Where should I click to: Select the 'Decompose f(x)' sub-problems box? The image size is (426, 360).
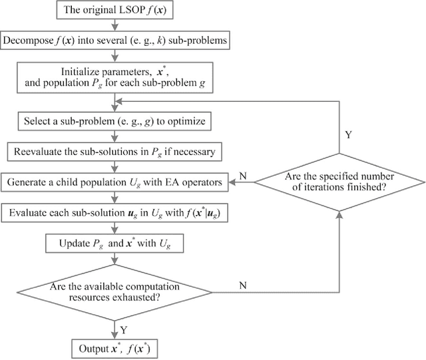(116, 40)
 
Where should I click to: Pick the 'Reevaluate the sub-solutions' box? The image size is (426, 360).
(116, 152)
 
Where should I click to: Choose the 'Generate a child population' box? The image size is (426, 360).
(116, 180)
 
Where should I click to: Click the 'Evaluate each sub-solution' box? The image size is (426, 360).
(116, 213)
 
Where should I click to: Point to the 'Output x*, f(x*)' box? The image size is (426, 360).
(116, 347)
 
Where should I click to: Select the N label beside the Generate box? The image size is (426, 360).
(244, 175)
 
